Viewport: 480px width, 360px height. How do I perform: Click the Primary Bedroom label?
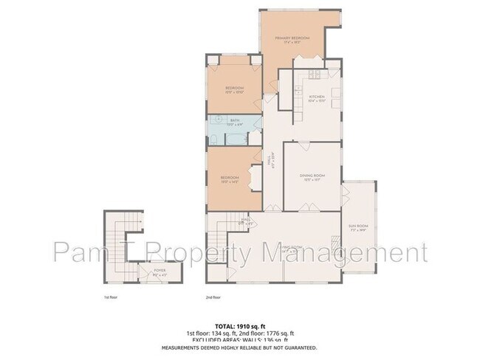tap(291, 38)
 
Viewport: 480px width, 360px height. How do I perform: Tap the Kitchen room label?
tap(317, 97)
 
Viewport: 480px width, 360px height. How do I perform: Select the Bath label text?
tap(235, 120)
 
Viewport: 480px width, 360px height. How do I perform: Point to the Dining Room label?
tap(312, 175)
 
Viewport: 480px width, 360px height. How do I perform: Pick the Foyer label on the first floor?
tap(159, 271)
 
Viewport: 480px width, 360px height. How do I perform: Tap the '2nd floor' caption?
tap(213, 297)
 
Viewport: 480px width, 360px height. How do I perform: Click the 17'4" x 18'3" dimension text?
tap(291, 43)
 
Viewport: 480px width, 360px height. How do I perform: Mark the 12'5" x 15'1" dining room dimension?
tap(312, 180)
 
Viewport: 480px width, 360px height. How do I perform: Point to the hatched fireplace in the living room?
tap(335, 243)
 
